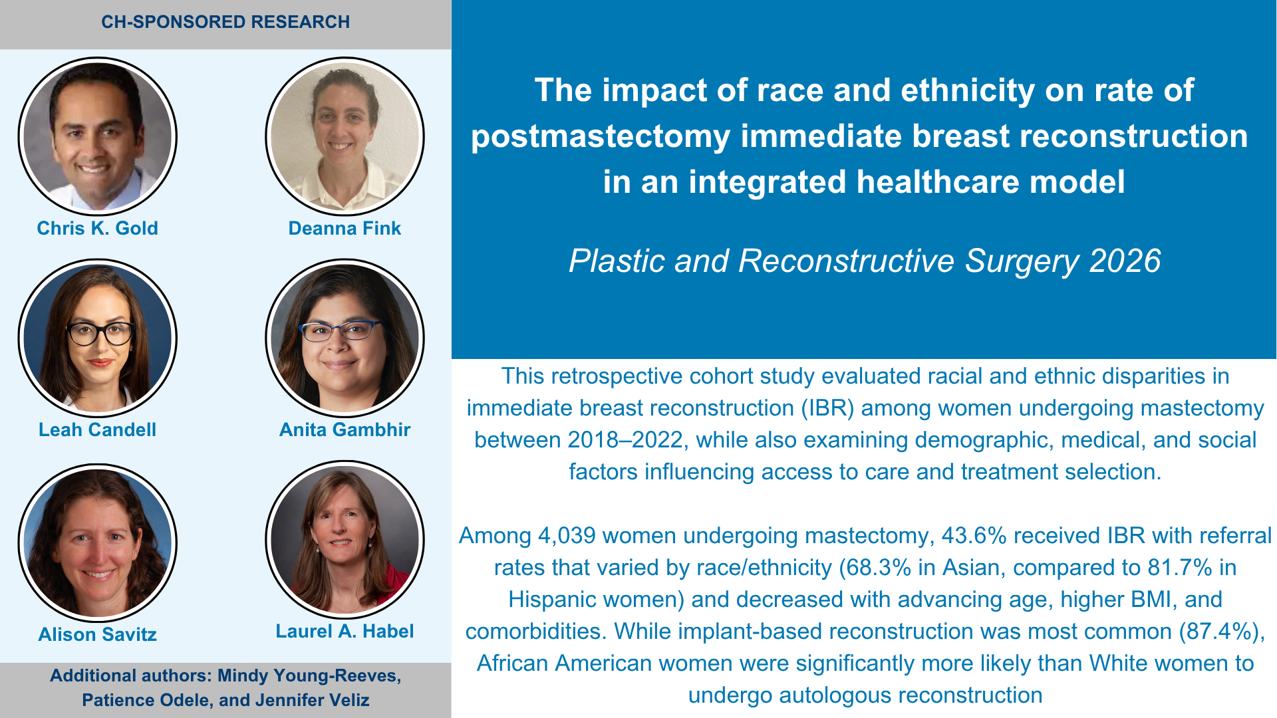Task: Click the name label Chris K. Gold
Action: coord(97,228)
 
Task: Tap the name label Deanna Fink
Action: coord(345,228)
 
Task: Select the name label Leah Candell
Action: coord(97,429)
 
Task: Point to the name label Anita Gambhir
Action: coord(345,429)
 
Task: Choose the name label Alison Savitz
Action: coord(97,634)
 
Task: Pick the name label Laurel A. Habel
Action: coord(345,631)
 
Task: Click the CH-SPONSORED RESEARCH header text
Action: coord(225,22)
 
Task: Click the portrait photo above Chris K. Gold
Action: coord(97,136)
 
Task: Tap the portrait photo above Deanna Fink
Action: coord(345,136)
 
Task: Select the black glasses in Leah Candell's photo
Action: coord(100,333)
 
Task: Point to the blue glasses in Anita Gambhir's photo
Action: coord(339,330)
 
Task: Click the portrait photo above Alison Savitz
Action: coord(97,542)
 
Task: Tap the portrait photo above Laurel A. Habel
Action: coord(345,540)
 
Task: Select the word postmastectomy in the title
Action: coord(601,136)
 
